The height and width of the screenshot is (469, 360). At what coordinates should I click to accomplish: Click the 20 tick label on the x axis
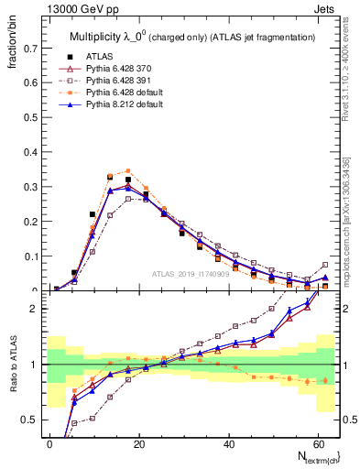pos(139,443)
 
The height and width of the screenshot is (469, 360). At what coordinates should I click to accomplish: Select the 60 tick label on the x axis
pos(318,443)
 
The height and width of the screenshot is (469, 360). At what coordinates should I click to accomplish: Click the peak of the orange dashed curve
pos(127,170)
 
